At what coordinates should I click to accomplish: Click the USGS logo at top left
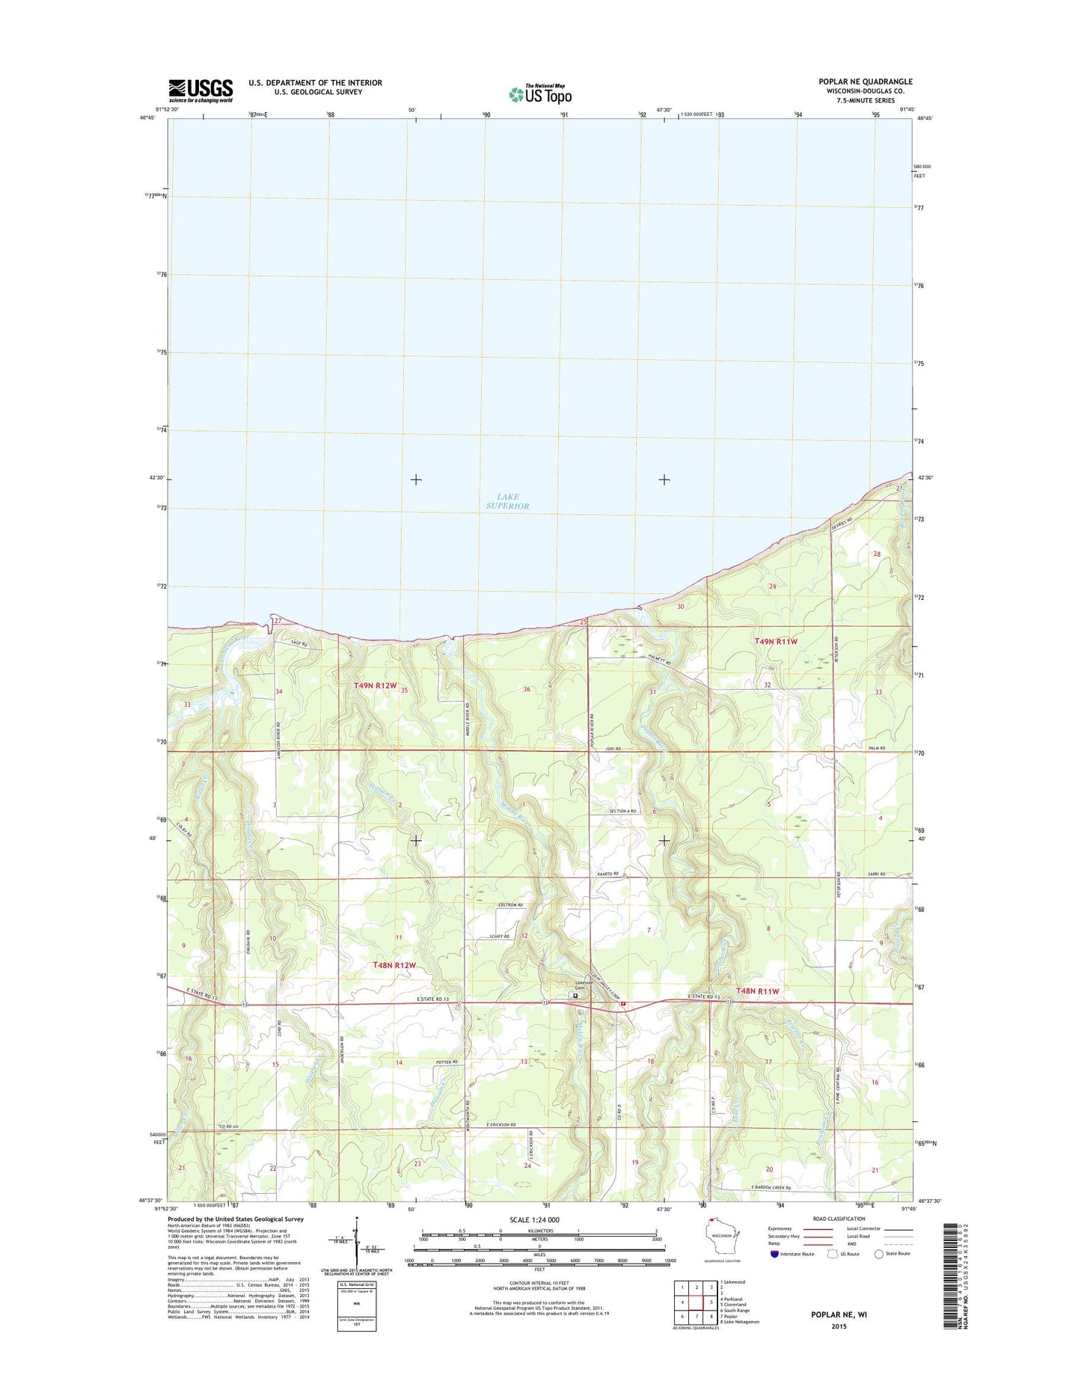click(x=200, y=91)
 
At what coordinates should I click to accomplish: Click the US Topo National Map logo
click(x=540, y=94)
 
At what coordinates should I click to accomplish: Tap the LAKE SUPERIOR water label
click(x=507, y=501)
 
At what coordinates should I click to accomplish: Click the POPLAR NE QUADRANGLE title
click(x=866, y=82)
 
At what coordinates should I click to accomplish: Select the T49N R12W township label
click(x=375, y=685)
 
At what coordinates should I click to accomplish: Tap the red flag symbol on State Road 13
click(x=622, y=1004)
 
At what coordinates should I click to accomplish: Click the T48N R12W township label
click(x=393, y=965)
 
